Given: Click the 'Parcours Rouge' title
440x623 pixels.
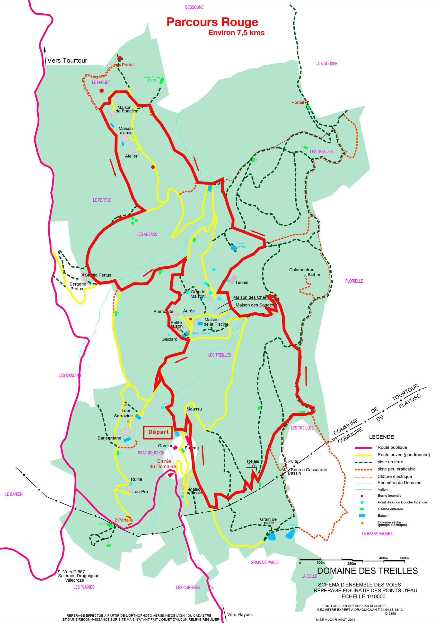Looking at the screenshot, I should (212, 22).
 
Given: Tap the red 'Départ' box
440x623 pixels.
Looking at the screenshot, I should (158, 432).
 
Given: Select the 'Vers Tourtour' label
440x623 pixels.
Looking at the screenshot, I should (67, 61).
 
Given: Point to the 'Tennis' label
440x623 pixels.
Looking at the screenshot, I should (241, 283).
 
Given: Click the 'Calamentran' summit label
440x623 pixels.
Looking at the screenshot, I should (301, 270).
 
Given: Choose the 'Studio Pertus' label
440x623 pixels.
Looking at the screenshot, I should (98, 275).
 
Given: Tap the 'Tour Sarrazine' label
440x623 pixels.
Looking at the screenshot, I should (124, 413).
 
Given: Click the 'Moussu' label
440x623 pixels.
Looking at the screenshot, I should (194, 409).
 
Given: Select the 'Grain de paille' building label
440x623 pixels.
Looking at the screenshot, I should (268, 521).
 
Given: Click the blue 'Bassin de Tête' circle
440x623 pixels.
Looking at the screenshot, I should (233, 247).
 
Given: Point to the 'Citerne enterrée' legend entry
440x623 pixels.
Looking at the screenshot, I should (390, 509).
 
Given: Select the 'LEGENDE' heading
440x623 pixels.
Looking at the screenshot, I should (381, 437).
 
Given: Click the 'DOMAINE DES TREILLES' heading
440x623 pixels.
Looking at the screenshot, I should (367, 571).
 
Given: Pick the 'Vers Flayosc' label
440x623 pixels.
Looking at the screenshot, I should (240, 614).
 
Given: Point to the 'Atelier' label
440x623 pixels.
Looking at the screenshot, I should (131, 156).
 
